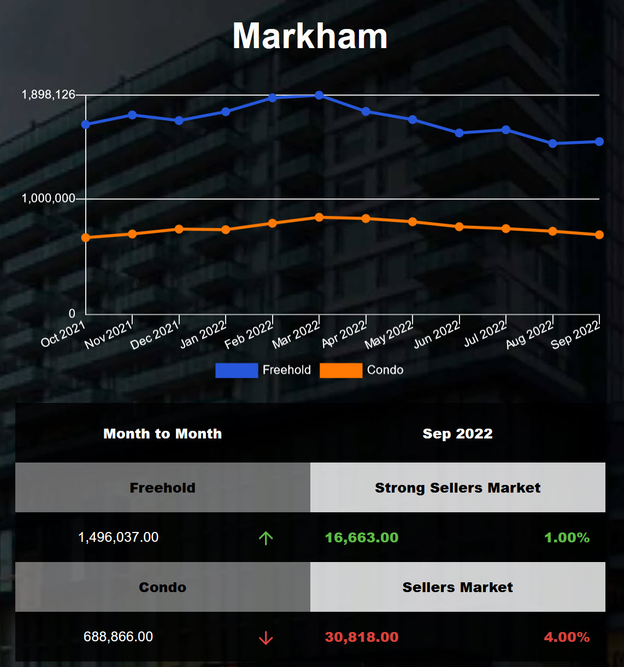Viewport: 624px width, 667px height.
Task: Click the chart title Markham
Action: pos(310,36)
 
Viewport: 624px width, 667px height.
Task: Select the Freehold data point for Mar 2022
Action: pos(319,95)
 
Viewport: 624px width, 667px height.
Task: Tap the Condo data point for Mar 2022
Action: pos(319,217)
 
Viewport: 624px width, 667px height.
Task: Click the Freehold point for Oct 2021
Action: pos(86,124)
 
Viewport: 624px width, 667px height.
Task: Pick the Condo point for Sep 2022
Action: pos(599,235)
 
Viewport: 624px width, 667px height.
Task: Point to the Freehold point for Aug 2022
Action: pos(553,143)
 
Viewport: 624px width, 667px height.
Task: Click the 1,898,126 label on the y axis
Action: pos(48,95)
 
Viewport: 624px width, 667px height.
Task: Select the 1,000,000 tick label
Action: pos(48,198)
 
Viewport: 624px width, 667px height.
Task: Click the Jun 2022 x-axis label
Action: pos(437,335)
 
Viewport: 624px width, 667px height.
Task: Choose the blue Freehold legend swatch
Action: pos(236,370)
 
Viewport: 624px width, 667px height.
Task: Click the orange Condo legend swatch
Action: pos(340,370)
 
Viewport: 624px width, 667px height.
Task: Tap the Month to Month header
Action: pos(162,434)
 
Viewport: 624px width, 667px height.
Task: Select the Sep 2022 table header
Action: pos(457,434)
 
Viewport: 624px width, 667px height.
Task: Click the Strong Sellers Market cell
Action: pos(457,488)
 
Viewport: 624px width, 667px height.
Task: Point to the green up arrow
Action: pos(266,538)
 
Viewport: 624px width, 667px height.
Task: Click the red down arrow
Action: pos(266,637)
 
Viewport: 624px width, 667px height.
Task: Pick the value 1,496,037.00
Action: pos(118,537)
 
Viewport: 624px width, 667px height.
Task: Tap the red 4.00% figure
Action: pos(567,637)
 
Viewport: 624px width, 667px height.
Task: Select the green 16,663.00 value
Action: pos(362,537)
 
